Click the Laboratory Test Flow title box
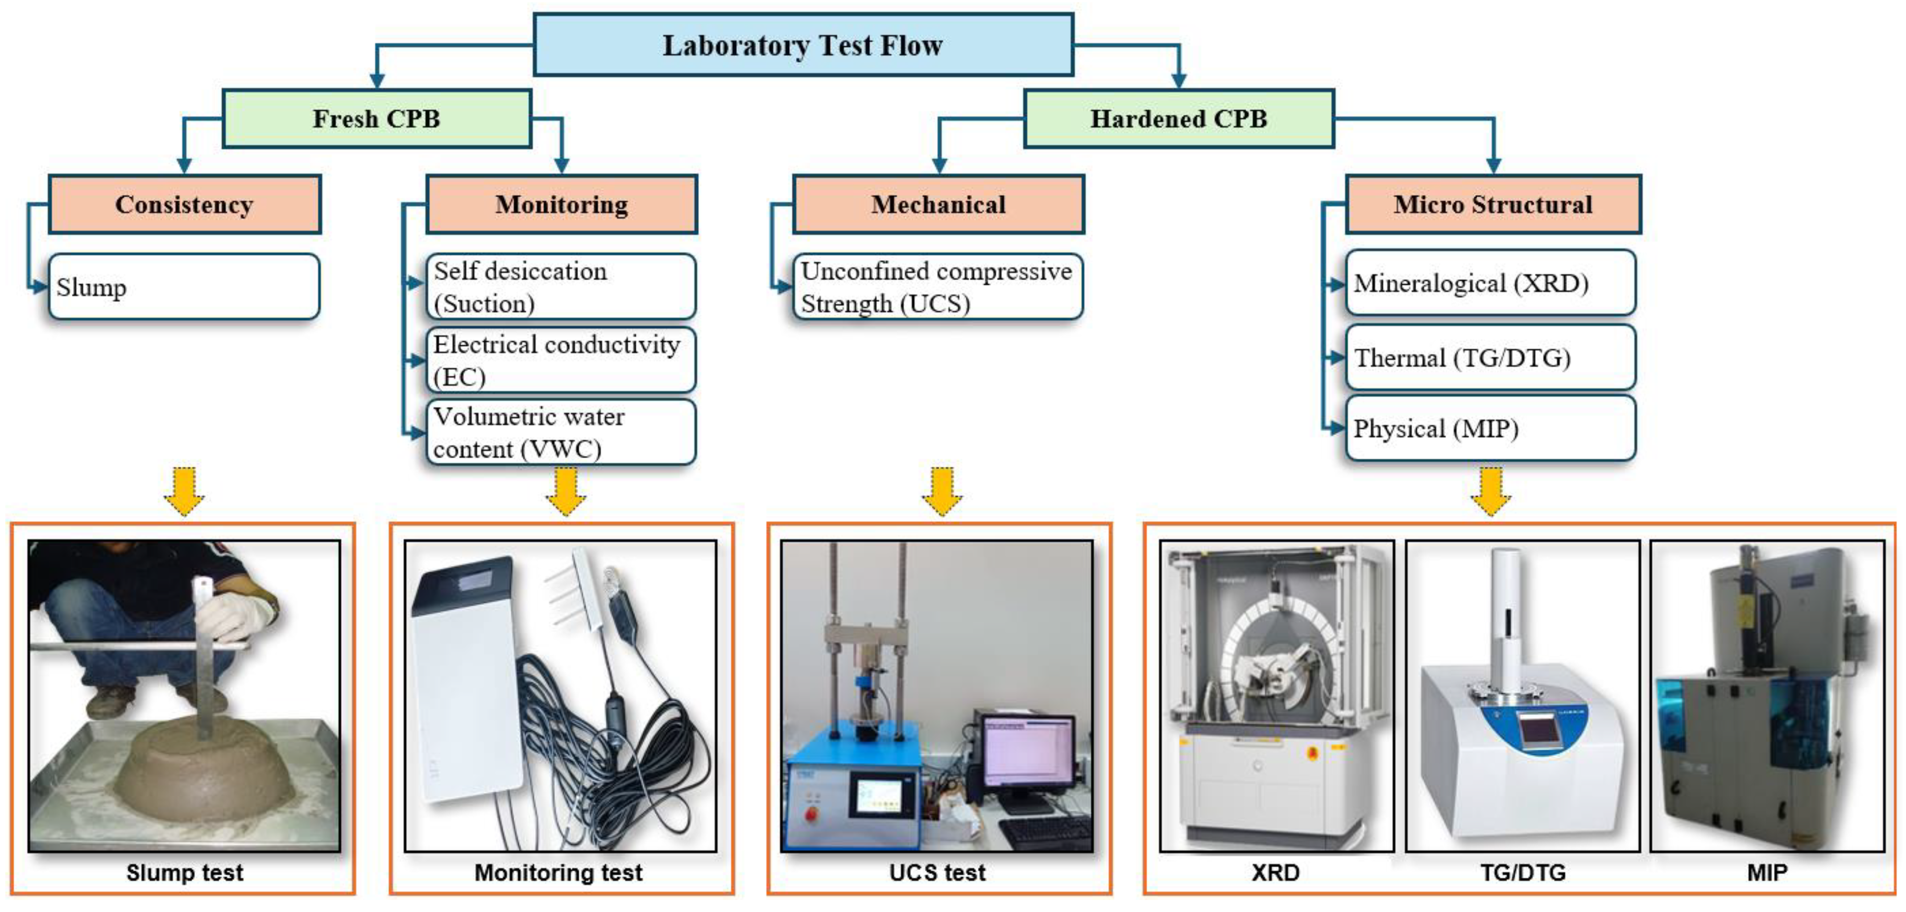point(803,45)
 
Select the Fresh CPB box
point(376,118)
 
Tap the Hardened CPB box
point(1178,118)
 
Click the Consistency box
point(184,204)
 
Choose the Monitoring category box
point(562,204)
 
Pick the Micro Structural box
point(1493,204)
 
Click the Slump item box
point(184,286)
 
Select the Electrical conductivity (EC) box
point(561,360)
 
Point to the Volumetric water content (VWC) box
point(561,432)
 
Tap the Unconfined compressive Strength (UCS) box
point(938,286)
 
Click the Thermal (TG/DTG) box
point(1490,357)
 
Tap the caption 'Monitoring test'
point(558,873)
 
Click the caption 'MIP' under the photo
point(1767,873)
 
